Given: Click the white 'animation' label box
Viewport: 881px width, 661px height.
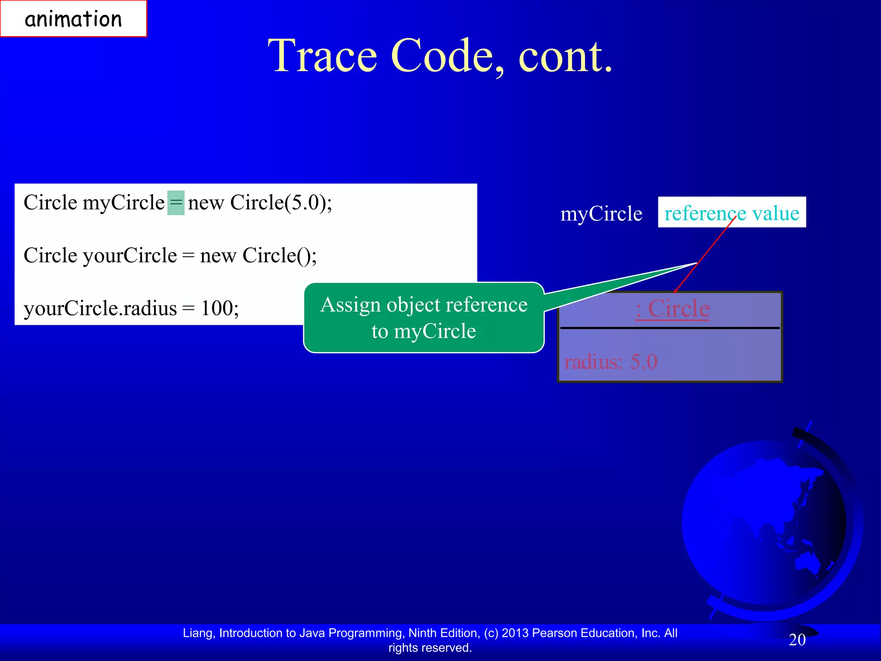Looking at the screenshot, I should click(x=74, y=19).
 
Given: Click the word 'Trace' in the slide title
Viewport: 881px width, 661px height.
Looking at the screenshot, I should click(x=323, y=56).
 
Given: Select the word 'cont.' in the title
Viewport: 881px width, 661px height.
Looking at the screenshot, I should click(x=565, y=56).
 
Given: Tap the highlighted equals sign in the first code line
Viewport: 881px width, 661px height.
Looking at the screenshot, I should click(x=176, y=203).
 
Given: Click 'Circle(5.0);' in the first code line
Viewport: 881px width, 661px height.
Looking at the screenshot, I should click(x=281, y=203).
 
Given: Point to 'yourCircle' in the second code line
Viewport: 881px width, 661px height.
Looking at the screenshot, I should click(x=130, y=256).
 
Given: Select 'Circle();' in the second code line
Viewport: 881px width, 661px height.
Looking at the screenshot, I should click(x=280, y=256).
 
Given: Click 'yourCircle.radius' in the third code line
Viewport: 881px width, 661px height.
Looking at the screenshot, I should click(x=100, y=309).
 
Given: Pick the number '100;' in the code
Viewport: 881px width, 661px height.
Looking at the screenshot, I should click(x=220, y=309).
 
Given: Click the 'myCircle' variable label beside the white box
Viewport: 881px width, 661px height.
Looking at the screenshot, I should click(x=601, y=214).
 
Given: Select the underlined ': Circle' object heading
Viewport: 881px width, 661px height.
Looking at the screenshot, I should click(x=673, y=309).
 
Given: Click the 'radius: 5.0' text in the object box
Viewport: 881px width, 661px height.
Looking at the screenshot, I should click(x=611, y=361).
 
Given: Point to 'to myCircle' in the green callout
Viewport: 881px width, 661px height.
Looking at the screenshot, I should click(x=424, y=331).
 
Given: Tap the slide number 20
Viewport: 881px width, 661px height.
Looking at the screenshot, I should click(x=797, y=640).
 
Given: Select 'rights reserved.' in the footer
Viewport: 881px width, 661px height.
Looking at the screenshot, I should click(x=430, y=648).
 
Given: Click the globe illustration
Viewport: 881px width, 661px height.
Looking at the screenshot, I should click(x=766, y=525).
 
